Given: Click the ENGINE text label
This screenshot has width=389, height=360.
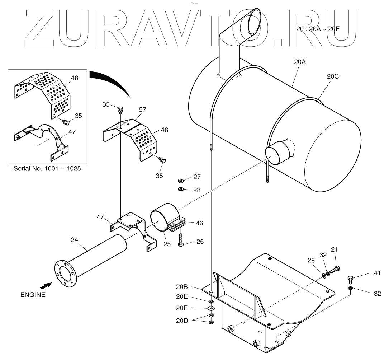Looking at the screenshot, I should pos(33,295).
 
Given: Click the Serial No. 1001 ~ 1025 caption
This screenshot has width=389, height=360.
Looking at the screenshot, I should pos(47,168).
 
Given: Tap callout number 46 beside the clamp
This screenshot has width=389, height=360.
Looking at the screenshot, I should pos(199,223).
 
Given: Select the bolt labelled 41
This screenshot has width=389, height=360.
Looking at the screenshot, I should pos(351,279).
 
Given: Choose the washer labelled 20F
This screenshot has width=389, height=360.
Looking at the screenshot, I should pos(211,308).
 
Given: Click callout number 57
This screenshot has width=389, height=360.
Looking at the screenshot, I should pos(142,109).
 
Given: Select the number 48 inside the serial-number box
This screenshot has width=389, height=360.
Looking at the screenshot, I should pos(75,78).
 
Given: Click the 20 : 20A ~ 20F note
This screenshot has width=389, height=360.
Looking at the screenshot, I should pos(316,29).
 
